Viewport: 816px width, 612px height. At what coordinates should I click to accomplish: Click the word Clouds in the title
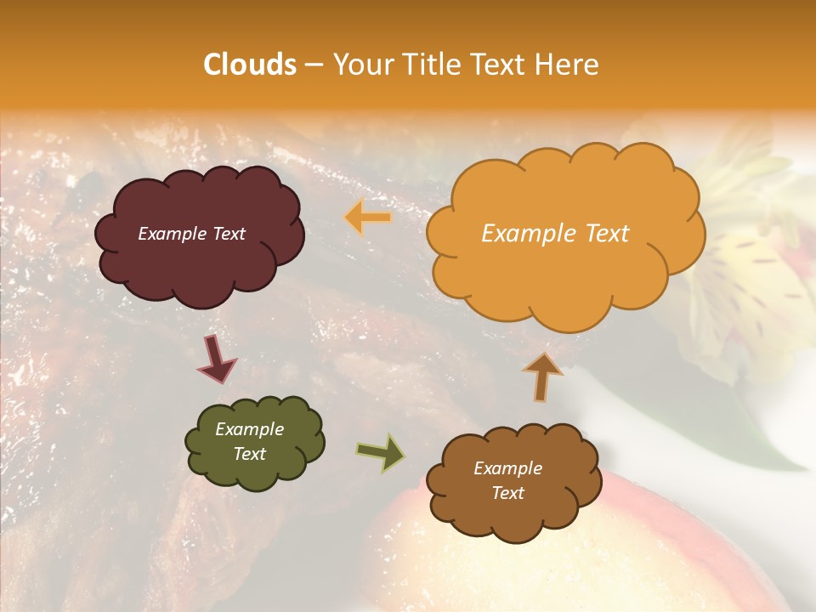250,65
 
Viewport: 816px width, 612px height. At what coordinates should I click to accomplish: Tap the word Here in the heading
568,65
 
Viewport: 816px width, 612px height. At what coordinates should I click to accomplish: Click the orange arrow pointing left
368,218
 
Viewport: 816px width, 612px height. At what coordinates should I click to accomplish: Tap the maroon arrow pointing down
216,359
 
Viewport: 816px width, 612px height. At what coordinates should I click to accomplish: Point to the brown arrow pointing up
542,377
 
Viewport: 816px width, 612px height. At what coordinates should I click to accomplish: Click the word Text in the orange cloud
607,234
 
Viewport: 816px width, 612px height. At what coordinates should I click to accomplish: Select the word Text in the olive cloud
250,454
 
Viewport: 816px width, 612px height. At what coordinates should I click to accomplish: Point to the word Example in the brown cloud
507,468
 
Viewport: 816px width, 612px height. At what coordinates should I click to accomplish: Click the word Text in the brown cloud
507,493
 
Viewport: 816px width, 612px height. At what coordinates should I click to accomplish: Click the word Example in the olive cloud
250,429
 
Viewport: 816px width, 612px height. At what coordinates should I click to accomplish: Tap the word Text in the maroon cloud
228,234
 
